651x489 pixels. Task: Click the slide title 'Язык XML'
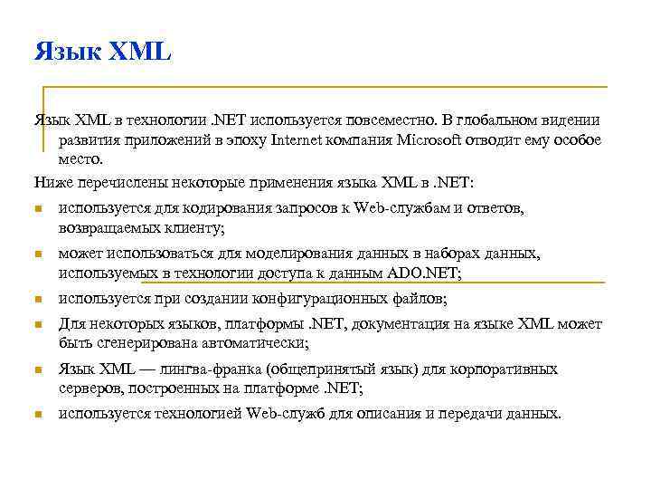[x=102, y=52]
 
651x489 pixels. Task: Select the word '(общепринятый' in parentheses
[x=320, y=369]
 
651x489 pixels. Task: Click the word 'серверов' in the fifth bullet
[x=89, y=388]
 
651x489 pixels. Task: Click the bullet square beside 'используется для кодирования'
[x=39, y=210]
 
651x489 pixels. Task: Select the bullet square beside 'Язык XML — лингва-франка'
[x=39, y=371]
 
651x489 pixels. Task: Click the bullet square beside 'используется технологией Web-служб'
[x=39, y=416]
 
